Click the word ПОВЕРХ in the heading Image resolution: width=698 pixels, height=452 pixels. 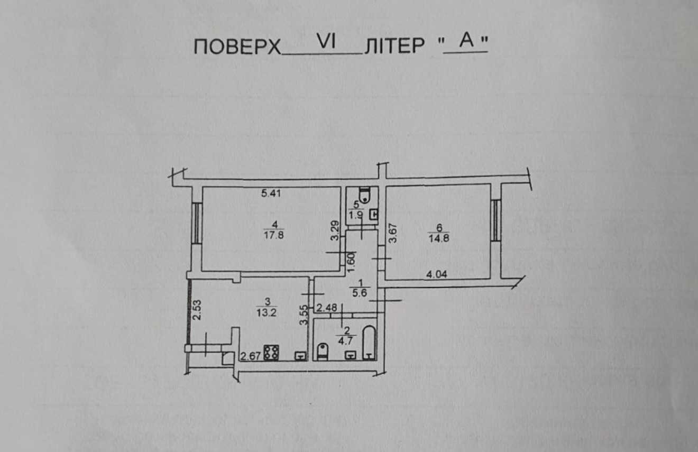click(237, 47)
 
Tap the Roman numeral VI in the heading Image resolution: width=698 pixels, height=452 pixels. click(326, 41)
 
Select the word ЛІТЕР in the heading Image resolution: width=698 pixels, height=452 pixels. click(394, 46)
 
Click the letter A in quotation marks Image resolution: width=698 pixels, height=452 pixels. click(466, 41)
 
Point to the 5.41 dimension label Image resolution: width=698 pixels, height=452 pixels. click(271, 193)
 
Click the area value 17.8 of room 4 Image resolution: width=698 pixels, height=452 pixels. click(273, 235)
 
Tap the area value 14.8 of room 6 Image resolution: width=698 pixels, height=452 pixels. click(439, 238)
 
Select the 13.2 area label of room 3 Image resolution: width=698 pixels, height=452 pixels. click(267, 312)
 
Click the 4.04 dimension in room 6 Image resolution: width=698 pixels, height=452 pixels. click(437, 274)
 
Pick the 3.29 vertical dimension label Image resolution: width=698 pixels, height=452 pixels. click(335, 231)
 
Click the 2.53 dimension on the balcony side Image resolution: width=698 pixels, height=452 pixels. click(197, 310)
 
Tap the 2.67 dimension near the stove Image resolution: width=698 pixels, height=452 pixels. click(251, 356)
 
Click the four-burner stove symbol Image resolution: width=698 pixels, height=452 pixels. click(271, 353)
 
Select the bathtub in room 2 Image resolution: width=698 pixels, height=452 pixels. click(370, 343)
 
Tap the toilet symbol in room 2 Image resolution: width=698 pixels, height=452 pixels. click(323, 352)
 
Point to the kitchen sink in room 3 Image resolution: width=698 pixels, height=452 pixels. click(301, 356)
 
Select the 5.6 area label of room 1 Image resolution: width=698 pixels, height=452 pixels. click(360, 293)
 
